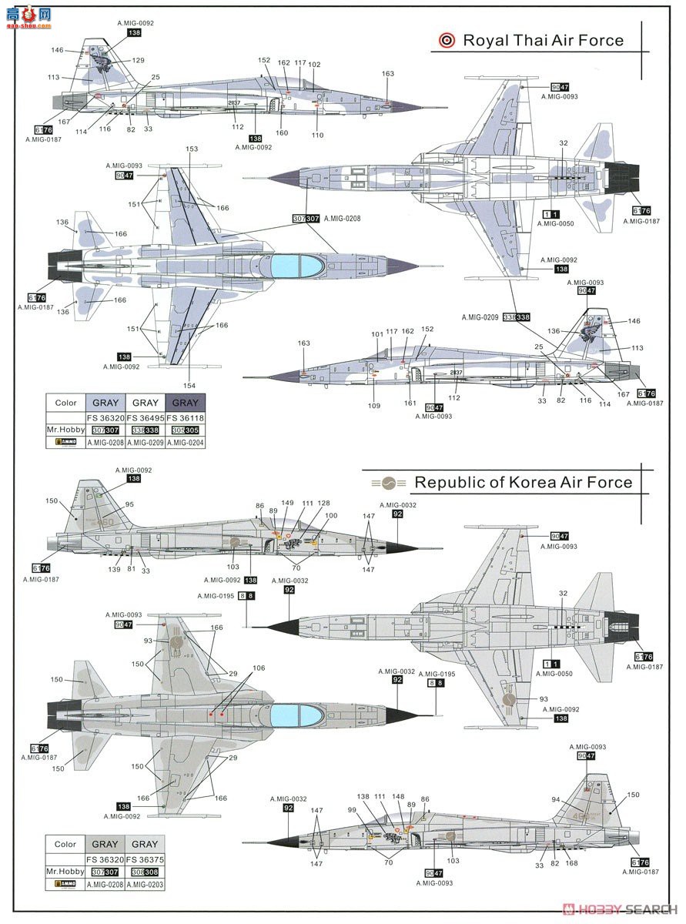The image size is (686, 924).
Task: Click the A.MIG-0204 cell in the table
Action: tap(185, 443)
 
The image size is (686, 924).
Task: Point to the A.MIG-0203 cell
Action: tap(145, 885)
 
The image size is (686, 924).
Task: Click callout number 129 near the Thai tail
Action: tap(138, 60)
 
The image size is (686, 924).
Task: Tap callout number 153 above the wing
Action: tap(192, 149)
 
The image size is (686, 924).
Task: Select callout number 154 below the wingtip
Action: tap(189, 386)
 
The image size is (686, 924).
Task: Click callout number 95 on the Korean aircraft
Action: tap(129, 505)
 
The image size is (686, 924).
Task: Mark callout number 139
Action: tap(114, 570)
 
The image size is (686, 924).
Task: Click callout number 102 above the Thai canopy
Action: tap(314, 64)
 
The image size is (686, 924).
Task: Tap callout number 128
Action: tap(324, 503)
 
